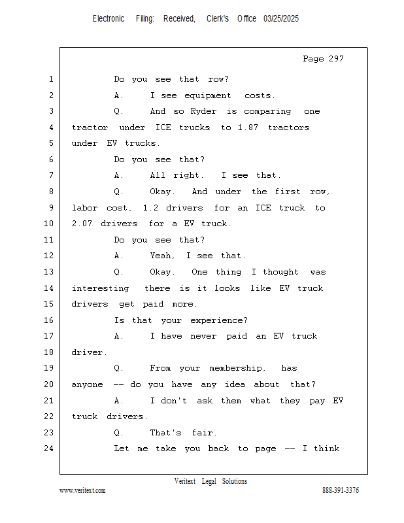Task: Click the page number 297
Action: (x=336, y=59)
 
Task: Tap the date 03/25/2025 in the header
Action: (x=281, y=19)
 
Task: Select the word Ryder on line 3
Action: (x=203, y=111)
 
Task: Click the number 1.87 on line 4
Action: (x=248, y=127)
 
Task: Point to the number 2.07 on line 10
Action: (x=82, y=223)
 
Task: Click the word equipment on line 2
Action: (x=207, y=95)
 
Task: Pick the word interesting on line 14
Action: (x=100, y=288)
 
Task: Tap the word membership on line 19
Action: (x=235, y=368)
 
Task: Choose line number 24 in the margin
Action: (x=49, y=448)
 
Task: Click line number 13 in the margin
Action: (x=49, y=272)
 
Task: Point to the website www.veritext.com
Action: (x=82, y=490)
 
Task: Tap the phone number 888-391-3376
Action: (x=341, y=490)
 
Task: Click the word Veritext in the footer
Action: (x=185, y=481)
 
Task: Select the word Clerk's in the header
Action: (x=218, y=19)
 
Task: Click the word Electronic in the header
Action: (x=109, y=19)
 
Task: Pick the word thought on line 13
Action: (x=280, y=272)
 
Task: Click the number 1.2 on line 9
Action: (x=150, y=208)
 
